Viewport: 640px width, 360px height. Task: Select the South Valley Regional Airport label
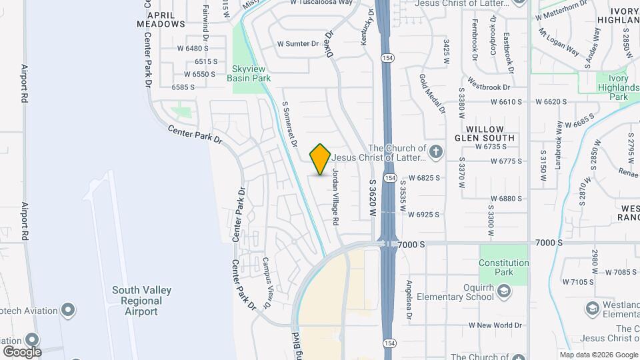(141, 301)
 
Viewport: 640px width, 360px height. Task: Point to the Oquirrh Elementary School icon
(505, 291)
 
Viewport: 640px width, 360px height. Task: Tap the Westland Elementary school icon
(592, 308)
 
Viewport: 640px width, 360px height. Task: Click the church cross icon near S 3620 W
(435, 152)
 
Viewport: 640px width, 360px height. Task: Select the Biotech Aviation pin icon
(67, 310)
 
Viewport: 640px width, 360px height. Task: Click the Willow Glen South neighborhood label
(490, 133)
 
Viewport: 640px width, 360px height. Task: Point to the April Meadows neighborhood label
(161, 19)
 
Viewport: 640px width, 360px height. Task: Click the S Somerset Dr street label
(289, 124)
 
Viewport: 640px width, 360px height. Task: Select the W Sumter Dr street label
(298, 44)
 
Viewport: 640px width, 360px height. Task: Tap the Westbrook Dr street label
(489, 87)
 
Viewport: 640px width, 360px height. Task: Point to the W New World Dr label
(495, 325)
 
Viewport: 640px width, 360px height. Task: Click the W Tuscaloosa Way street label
(321, 3)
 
